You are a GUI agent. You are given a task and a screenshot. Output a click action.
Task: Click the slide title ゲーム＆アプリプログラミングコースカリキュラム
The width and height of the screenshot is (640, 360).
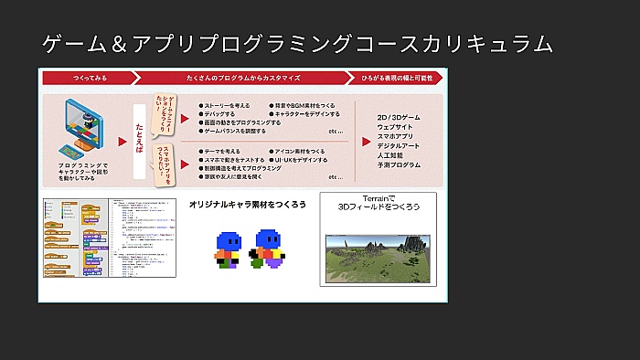[298, 43]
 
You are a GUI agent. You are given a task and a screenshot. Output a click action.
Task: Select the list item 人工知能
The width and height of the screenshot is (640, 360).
[390, 155]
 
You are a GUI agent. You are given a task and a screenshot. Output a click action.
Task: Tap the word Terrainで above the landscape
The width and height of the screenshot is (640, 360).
[378, 198]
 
